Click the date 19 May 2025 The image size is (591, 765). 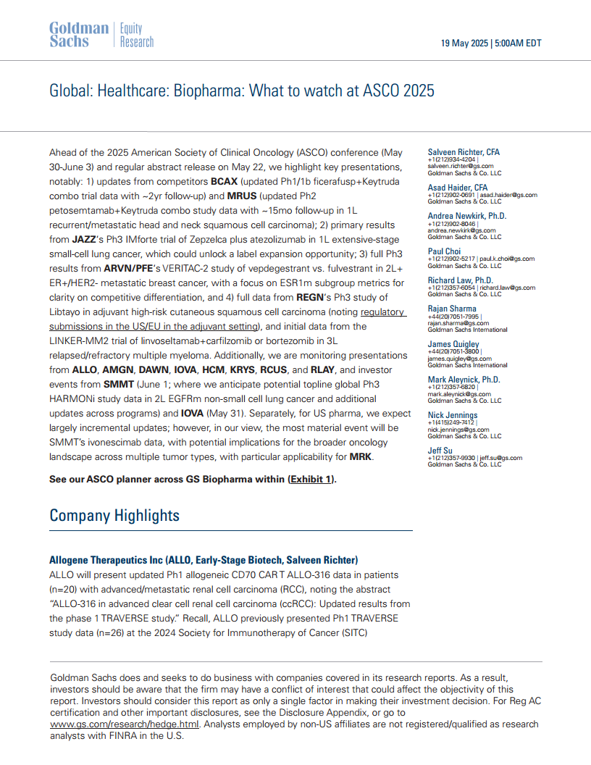tap(466, 43)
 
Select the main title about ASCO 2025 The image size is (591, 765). tap(241, 91)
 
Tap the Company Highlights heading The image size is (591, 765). tap(114, 515)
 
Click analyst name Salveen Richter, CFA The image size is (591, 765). tap(464, 152)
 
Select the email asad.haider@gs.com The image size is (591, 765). tap(510, 195)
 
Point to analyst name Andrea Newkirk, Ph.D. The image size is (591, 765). tap(467, 216)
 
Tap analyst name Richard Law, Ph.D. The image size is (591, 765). tap(460, 280)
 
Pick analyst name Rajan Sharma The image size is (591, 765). tap(452, 309)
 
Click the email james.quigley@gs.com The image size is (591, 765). tap(459, 358)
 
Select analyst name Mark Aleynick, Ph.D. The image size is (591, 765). tap(464, 380)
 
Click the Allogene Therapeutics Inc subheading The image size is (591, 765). tap(204, 560)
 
